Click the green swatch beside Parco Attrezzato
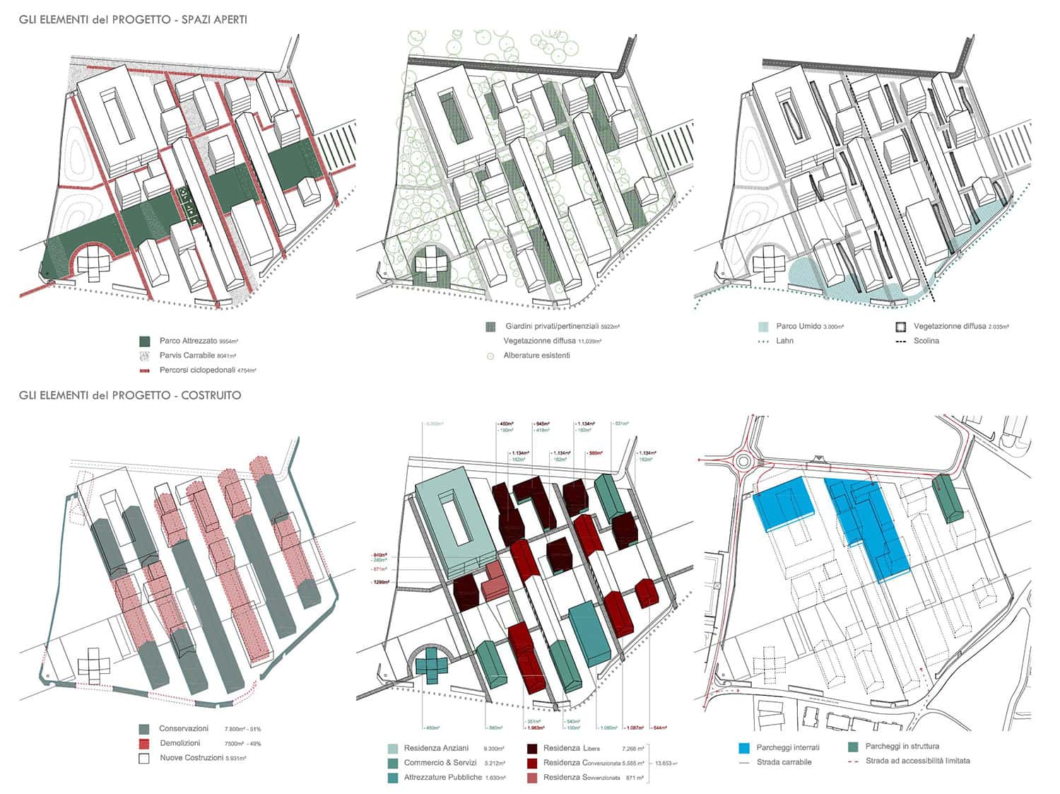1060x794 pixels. pyautogui.click(x=145, y=341)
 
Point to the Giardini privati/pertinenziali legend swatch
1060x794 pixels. pyautogui.click(x=490, y=327)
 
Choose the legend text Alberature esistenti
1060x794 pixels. pyautogui.click(x=536, y=355)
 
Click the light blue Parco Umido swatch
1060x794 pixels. pyautogui.click(x=762, y=327)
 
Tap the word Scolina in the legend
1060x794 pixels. pyautogui.click(x=926, y=341)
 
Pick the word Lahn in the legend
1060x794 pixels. pyautogui.click(x=784, y=341)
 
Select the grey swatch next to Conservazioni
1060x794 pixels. pyautogui.click(x=145, y=729)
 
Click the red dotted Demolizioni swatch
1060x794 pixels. pyautogui.click(x=145, y=743)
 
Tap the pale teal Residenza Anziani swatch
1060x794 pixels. pyautogui.click(x=392, y=748)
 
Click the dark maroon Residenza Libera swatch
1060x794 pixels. pyautogui.click(x=531, y=748)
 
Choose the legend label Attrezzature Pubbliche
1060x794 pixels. pyautogui.click(x=442, y=777)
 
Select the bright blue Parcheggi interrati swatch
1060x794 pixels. pyautogui.click(x=743, y=747)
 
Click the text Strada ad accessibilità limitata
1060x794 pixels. pyautogui.click(x=917, y=761)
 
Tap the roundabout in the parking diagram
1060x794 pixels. pyautogui.click(x=743, y=462)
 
